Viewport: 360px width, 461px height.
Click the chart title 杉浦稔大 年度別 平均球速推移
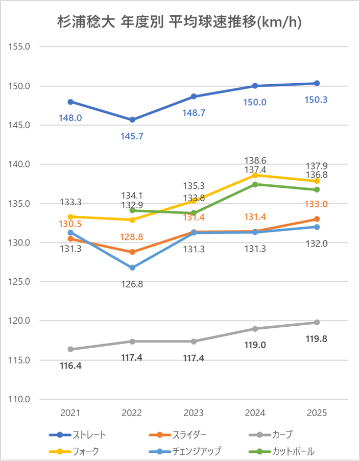point(179,22)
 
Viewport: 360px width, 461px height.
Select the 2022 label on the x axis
point(132,413)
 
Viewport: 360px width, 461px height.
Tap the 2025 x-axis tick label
point(317,413)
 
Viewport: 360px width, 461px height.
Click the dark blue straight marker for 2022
point(132,119)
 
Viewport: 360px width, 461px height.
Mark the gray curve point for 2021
point(70,349)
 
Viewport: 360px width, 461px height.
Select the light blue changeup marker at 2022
point(132,268)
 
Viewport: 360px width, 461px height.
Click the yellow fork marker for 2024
point(255,175)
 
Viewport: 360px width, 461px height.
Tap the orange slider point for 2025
point(317,219)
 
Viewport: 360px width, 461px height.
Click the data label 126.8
point(132,284)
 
